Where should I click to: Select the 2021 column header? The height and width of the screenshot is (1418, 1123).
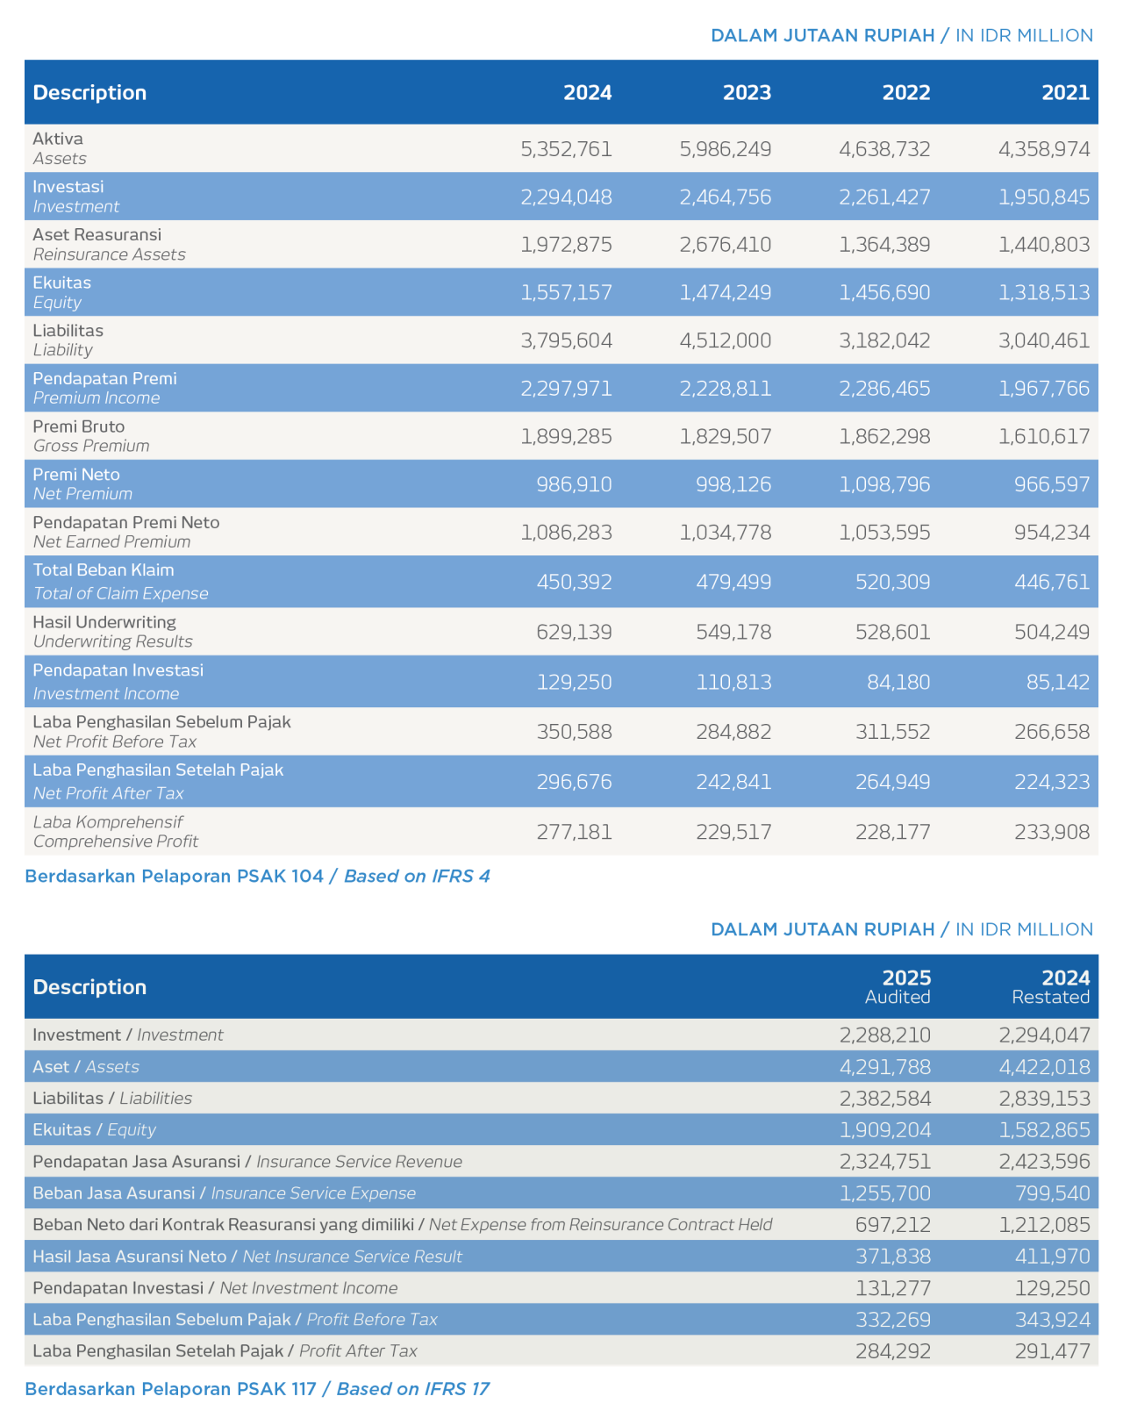tap(1065, 92)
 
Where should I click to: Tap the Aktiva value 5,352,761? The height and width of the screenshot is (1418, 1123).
tap(566, 149)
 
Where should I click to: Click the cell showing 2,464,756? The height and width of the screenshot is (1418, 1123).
tap(725, 197)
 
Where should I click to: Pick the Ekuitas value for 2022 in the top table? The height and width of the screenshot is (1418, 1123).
tap(884, 292)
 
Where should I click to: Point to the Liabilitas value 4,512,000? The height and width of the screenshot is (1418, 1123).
tap(725, 340)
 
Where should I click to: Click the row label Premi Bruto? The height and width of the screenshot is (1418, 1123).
tap(78, 426)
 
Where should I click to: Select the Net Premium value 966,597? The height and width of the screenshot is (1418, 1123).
tap(1052, 484)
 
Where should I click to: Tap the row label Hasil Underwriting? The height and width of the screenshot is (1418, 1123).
tap(104, 622)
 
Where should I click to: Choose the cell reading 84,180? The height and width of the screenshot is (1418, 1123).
tap(898, 682)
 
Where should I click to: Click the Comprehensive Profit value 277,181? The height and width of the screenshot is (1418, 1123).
tap(574, 832)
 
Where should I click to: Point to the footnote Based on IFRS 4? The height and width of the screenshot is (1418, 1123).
tap(417, 876)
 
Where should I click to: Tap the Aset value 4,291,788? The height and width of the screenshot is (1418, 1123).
tap(885, 1067)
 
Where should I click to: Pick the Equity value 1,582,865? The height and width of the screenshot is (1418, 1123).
tap(1045, 1130)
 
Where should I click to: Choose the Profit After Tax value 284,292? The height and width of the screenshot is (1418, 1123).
tap(893, 1350)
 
